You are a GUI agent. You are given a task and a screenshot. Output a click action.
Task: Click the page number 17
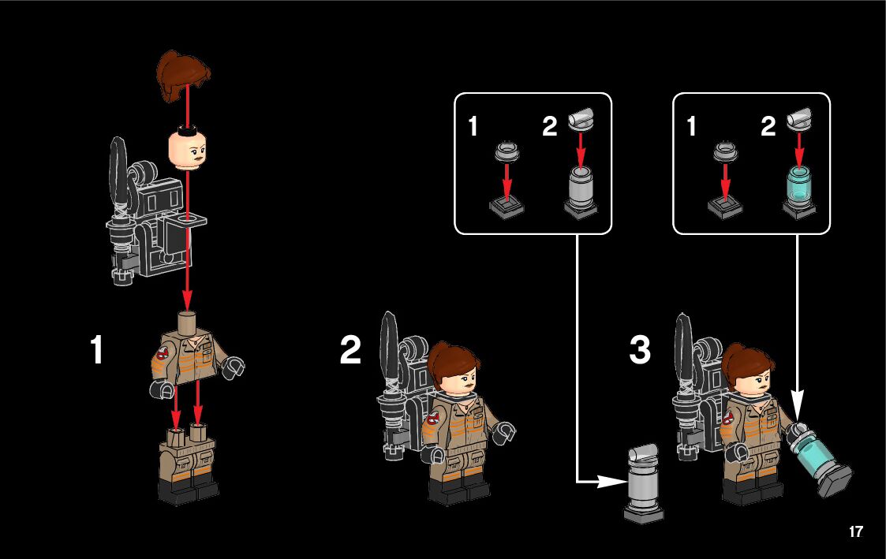[x=855, y=531]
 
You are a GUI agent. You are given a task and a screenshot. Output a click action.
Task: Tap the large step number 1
[x=96, y=349]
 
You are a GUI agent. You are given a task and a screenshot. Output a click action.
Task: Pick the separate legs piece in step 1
[x=188, y=463]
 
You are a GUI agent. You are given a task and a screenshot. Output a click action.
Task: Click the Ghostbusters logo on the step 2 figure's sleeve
[x=433, y=419]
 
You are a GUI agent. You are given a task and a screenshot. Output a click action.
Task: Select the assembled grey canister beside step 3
[x=644, y=483]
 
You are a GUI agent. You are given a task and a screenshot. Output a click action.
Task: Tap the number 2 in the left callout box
[x=549, y=126]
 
